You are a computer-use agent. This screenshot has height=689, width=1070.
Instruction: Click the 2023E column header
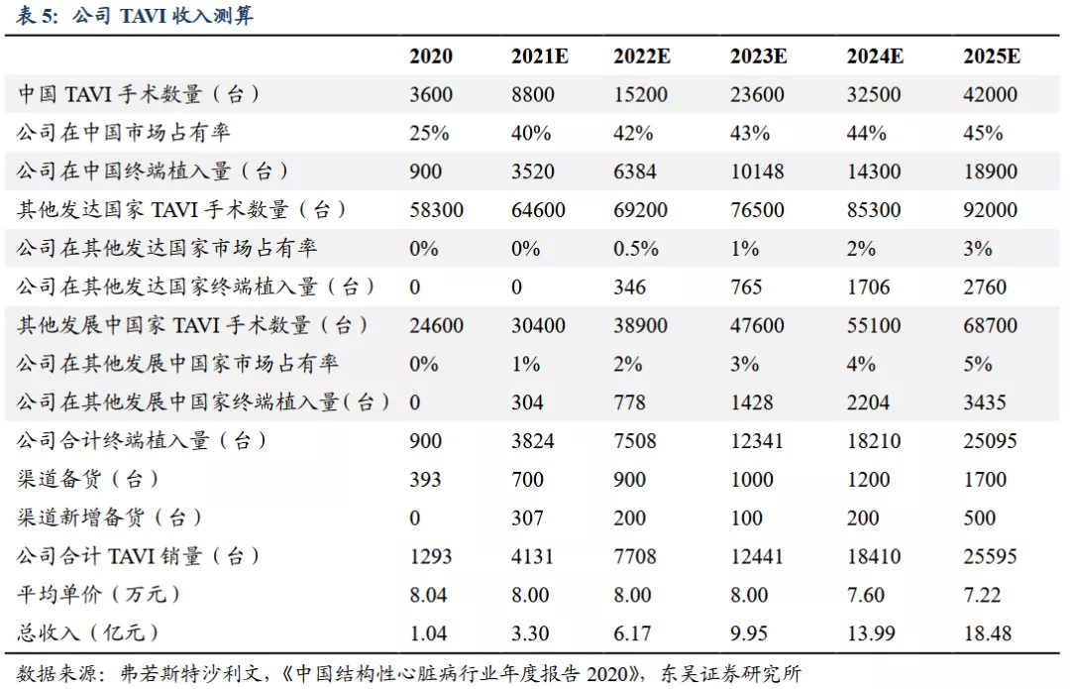[758, 56]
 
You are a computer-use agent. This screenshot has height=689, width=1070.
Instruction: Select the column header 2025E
[992, 56]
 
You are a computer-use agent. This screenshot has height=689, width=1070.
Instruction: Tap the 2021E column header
[539, 56]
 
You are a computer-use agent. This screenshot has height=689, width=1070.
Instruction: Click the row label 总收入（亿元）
[87, 633]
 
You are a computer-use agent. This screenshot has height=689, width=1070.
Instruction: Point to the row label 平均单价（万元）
[98, 594]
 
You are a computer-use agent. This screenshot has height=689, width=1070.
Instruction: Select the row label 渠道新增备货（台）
[109, 517]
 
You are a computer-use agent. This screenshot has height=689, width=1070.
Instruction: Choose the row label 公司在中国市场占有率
[124, 133]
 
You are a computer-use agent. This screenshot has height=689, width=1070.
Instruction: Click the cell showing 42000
[990, 94]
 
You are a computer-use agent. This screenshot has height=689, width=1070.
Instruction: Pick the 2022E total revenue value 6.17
[632, 633]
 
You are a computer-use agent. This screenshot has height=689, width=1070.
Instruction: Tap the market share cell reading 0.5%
[636, 249]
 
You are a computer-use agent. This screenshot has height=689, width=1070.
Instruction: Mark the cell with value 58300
[436, 209]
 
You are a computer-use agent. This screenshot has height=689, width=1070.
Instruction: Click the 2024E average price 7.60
[865, 595]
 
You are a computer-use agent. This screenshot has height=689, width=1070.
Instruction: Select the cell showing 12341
[757, 441]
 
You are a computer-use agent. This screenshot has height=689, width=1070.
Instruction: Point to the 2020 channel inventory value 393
[425, 480]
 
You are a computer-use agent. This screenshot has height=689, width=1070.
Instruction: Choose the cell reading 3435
[985, 402]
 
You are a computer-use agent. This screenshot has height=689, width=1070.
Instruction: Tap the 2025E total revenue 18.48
[988, 633]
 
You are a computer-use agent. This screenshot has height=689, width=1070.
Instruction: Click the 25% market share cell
[429, 133]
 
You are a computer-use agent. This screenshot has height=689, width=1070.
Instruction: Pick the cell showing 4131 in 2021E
[532, 556]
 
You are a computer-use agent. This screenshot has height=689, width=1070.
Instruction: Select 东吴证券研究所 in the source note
[730, 675]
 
